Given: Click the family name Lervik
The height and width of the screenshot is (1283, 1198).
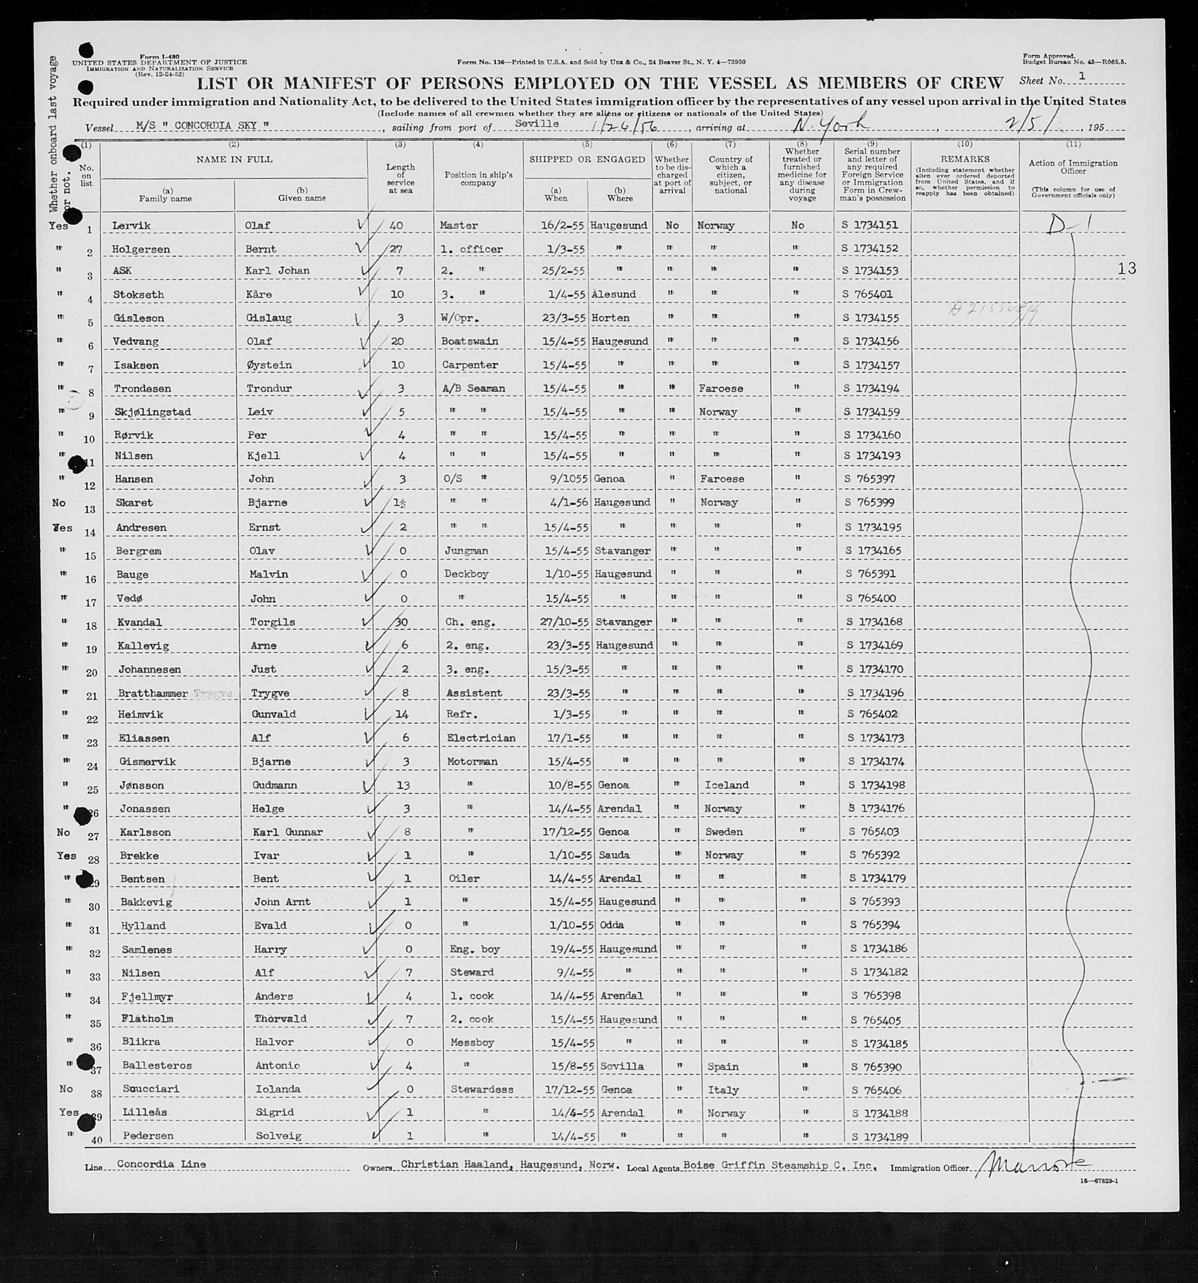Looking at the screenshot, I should [x=130, y=226].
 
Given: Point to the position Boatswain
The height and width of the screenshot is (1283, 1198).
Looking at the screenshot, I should [x=470, y=341].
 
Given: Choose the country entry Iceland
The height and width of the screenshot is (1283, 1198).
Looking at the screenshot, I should [x=726, y=785].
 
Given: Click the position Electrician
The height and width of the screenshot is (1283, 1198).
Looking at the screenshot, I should [x=481, y=738].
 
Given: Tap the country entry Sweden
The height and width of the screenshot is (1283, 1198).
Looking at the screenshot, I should [x=723, y=833].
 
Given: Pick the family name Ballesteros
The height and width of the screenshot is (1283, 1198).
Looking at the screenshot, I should [x=157, y=1066].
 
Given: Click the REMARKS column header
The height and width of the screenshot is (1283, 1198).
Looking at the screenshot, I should [x=965, y=159].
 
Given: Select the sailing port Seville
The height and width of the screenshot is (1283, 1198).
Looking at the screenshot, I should [x=537, y=123].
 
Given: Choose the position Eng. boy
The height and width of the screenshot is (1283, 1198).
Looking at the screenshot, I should [x=473, y=950].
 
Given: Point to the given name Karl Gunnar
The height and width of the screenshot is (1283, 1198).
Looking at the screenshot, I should [x=287, y=833].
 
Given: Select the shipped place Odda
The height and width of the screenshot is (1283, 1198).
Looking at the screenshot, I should [x=612, y=925].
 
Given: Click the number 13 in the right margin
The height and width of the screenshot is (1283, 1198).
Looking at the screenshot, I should [x=1126, y=268].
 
